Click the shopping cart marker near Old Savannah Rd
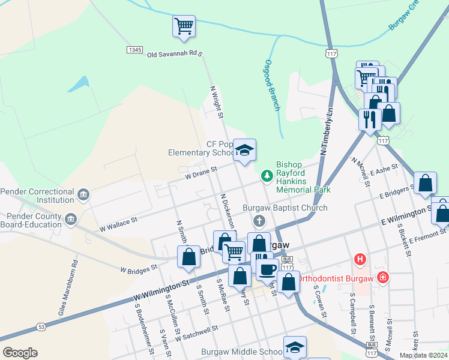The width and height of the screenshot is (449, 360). pyautogui.click(x=184, y=26)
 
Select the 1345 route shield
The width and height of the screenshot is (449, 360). pyautogui.click(x=134, y=49)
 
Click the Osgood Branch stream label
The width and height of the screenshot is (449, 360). pyautogui.click(x=272, y=85)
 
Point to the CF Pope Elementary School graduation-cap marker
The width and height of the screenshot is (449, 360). pyautogui.click(x=245, y=150)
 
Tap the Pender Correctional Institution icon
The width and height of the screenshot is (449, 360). pyautogui.click(x=83, y=194)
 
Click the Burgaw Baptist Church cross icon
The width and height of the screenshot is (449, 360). pyautogui.click(x=260, y=220)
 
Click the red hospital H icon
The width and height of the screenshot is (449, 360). pyautogui.click(x=360, y=259)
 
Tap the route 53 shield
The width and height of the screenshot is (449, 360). pyautogui.click(x=41, y=326)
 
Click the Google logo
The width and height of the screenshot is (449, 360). pyautogui.click(x=20, y=352)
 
